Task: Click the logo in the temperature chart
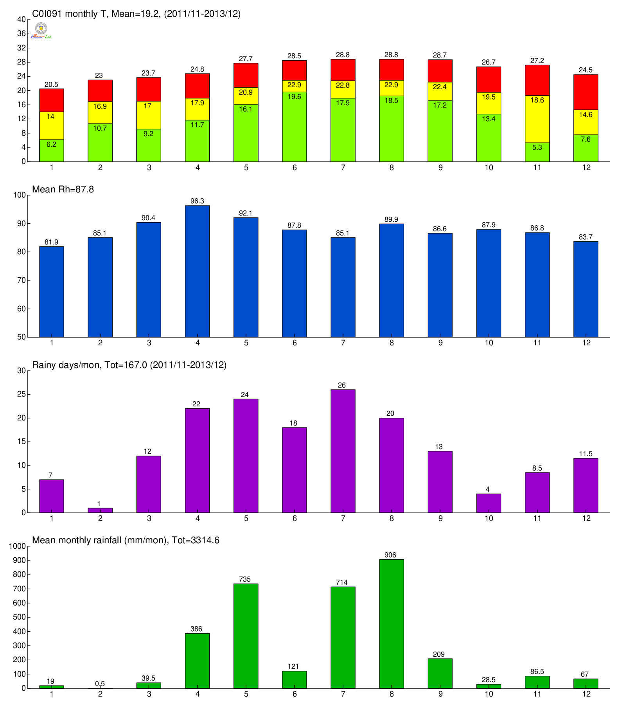[x=41, y=31]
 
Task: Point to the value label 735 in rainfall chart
[x=245, y=579]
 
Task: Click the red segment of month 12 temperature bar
[x=586, y=92]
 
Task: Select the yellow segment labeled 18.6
[x=537, y=119]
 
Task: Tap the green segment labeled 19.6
[x=295, y=126]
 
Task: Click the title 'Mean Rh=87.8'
[x=63, y=190]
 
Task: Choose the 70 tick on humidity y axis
[x=22, y=280]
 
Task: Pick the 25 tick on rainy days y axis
[x=22, y=394]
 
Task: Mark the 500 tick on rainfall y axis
[x=20, y=617]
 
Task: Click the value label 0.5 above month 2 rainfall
[x=100, y=684]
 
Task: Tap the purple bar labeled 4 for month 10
[x=489, y=503]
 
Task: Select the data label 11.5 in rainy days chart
[x=586, y=454]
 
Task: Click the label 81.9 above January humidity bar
[x=51, y=242]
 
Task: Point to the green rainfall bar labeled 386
[x=197, y=661]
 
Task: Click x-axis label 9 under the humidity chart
[x=440, y=343]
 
